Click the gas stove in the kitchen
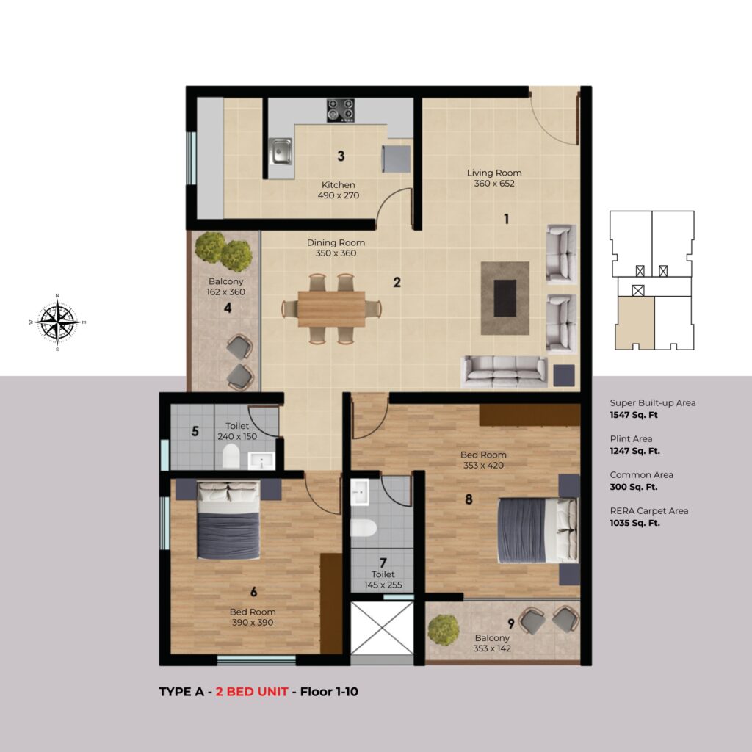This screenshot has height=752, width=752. [x=341, y=110]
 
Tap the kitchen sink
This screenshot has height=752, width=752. [x=280, y=151]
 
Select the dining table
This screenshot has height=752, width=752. [x=331, y=309]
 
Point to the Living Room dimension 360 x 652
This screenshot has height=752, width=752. [x=494, y=184]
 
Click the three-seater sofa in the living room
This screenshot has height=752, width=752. [x=505, y=371]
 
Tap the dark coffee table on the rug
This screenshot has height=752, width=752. [x=505, y=298]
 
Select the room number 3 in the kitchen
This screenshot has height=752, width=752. [x=341, y=156]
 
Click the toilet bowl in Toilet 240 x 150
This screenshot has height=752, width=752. [x=231, y=456]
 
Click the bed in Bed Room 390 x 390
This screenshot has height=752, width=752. [x=229, y=520]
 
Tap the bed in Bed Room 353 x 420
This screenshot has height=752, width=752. [x=537, y=530]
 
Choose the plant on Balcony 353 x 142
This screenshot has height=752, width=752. [x=444, y=630]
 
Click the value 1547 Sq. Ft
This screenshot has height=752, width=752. [x=634, y=416]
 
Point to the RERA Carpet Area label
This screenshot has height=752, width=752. [x=649, y=511]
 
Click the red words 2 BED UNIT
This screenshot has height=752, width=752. [x=252, y=692]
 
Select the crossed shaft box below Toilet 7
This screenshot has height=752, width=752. [x=382, y=629]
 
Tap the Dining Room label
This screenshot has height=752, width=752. [x=336, y=242]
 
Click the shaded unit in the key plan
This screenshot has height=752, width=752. [x=635, y=323]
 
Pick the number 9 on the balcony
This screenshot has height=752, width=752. [x=511, y=623]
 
